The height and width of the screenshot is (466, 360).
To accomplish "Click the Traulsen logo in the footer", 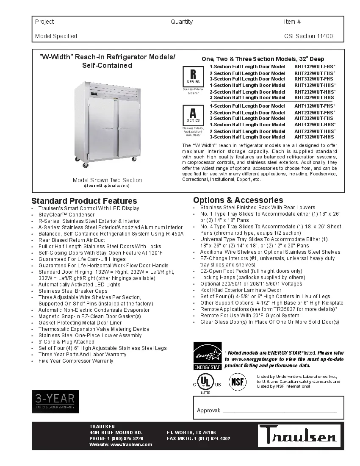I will [x=298, y=436].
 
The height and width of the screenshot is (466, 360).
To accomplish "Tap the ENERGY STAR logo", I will [x=207, y=356].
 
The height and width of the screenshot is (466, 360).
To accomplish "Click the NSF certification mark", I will [x=238, y=382].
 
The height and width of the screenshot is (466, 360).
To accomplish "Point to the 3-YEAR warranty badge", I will [x=55, y=402].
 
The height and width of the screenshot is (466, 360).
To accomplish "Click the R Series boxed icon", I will [x=193, y=76].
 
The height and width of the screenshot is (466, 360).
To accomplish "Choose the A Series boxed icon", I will [x=193, y=115].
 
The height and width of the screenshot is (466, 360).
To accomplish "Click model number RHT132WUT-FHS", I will [x=314, y=67].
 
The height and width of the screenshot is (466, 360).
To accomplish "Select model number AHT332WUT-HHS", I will [x=314, y=137].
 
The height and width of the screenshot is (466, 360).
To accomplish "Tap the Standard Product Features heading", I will [x=84, y=201].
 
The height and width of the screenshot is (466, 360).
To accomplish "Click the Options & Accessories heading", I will [x=238, y=200].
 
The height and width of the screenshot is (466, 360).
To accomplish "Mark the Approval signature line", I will [x=280, y=411].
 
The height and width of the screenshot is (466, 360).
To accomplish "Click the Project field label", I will [x=44, y=22].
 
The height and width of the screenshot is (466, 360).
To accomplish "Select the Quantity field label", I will [x=182, y=22].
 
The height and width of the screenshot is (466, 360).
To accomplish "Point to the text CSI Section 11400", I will [x=308, y=36].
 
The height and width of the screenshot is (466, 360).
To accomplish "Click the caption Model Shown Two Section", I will [x=107, y=180].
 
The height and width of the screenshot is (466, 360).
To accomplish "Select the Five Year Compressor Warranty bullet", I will [x=76, y=361].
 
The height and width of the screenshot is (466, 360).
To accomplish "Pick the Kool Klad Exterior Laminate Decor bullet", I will [x=241, y=290].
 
